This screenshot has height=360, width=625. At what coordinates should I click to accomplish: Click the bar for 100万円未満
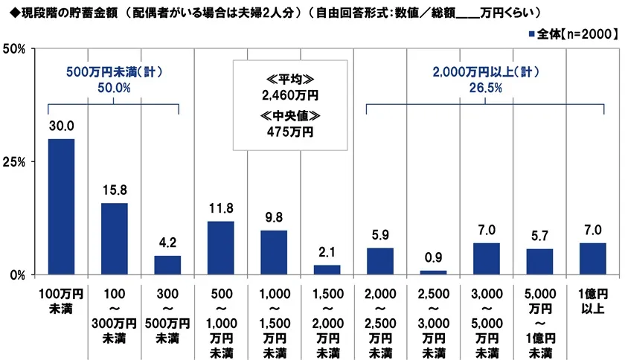pos(61,206)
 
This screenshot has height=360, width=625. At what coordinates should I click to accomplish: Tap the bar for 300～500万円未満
pos(167,265)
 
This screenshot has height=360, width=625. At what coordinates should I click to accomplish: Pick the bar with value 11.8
pos(220,247)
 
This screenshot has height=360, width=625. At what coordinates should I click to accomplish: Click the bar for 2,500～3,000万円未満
pos(433,272)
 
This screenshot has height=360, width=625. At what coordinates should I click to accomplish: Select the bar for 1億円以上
pos(593,258)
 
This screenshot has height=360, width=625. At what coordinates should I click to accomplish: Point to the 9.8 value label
pos(273,218)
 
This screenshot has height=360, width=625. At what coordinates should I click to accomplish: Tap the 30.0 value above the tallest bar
pos(61,126)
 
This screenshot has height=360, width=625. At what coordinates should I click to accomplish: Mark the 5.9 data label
pos(379,236)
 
